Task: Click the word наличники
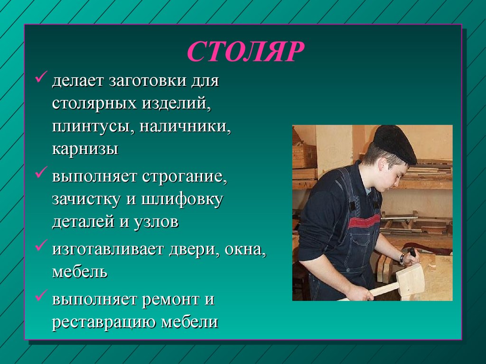(x=185, y=127)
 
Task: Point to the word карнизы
(x=85, y=149)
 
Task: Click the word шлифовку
(x=182, y=200)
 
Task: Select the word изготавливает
(x=108, y=249)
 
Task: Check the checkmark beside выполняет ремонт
(x=41, y=295)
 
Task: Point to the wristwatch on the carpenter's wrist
(x=402, y=259)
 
